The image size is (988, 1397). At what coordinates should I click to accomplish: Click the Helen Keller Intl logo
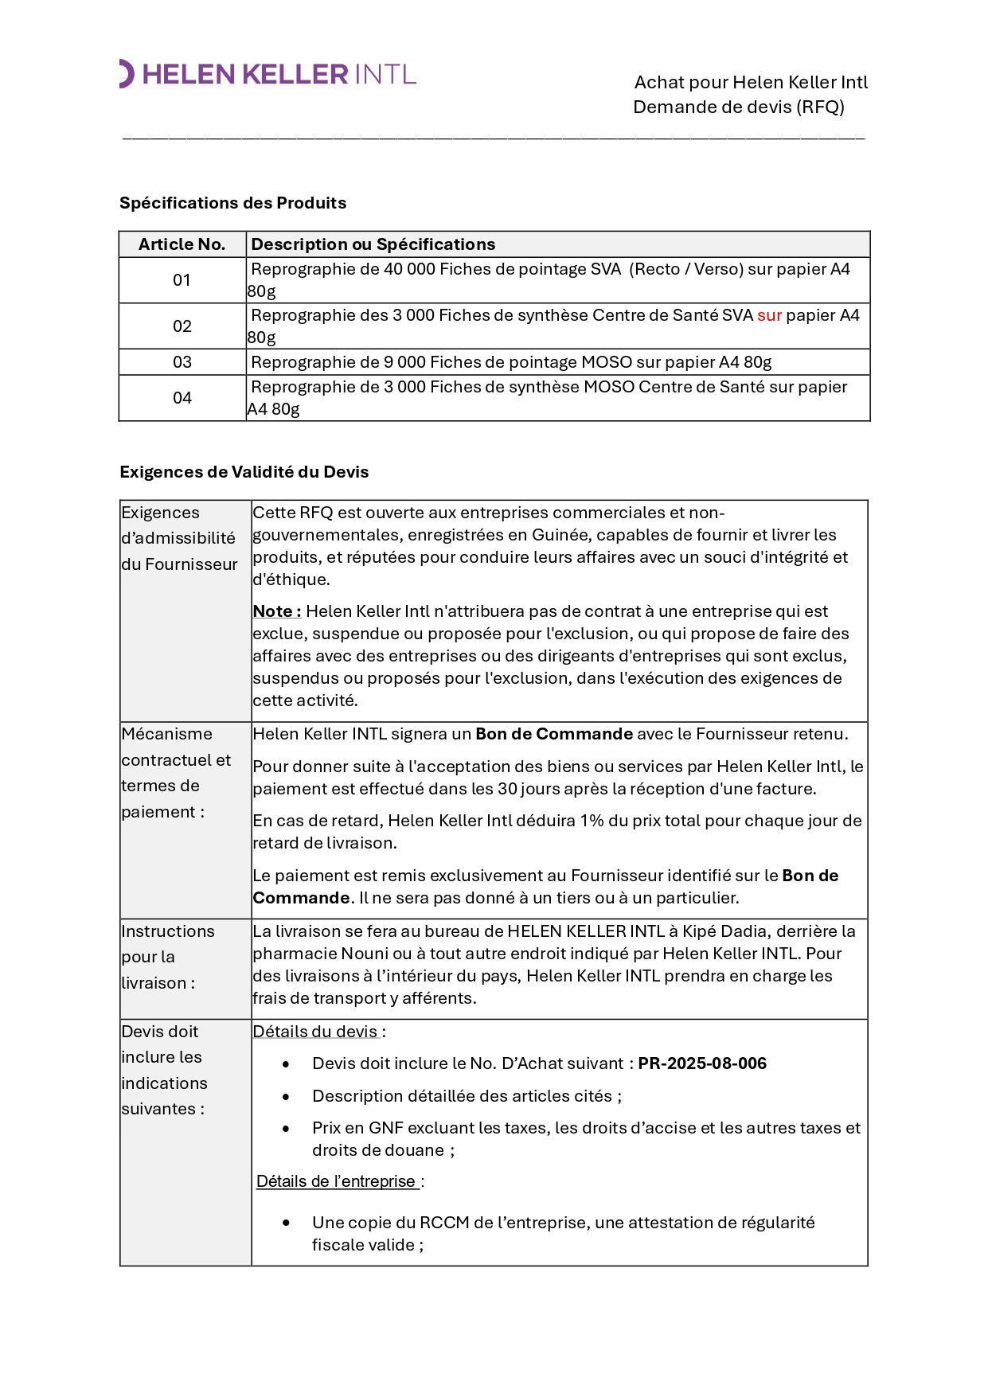[x=268, y=74]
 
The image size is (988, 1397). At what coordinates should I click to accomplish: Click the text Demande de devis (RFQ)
[x=738, y=107]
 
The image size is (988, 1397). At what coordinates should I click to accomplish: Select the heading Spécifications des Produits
[x=232, y=203]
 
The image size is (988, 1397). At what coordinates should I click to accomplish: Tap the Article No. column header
[x=182, y=244]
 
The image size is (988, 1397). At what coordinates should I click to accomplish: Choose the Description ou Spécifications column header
[x=373, y=244]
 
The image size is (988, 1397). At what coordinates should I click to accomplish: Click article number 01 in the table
[x=182, y=280]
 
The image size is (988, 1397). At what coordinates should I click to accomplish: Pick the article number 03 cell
[x=182, y=362]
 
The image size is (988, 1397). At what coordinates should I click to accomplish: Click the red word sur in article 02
[x=769, y=315]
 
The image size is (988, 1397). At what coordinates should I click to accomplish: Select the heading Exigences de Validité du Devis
[x=244, y=472]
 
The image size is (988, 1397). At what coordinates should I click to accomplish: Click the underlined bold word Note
[x=273, y=611]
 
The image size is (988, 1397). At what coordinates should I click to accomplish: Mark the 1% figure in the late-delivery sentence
[x=592, y=821]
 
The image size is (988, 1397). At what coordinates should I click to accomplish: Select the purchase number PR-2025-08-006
[x=702, y=1063]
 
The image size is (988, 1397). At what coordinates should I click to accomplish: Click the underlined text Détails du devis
[x=315, y=1032]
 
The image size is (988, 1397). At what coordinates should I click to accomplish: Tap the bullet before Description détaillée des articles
[x=286, y=1097]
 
